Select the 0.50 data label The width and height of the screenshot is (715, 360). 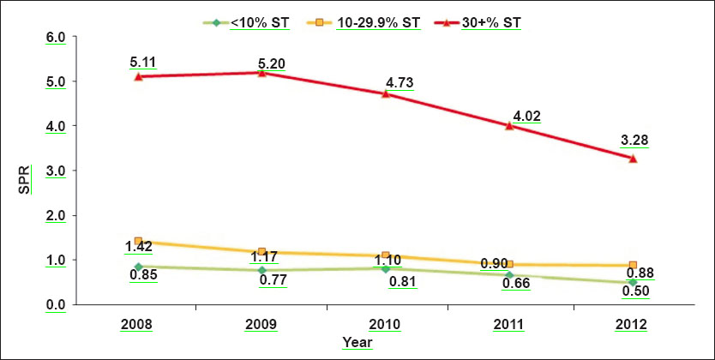click(635, 291)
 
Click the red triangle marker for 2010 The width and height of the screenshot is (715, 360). click(386, 93)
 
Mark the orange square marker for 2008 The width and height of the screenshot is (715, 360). click(138, 241)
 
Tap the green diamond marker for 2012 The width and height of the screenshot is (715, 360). click(634, 282)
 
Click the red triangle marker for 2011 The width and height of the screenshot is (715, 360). click(509, 125)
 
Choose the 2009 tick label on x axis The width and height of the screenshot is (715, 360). click(262, 325)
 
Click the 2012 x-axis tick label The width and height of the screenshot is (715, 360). click(634, 325)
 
